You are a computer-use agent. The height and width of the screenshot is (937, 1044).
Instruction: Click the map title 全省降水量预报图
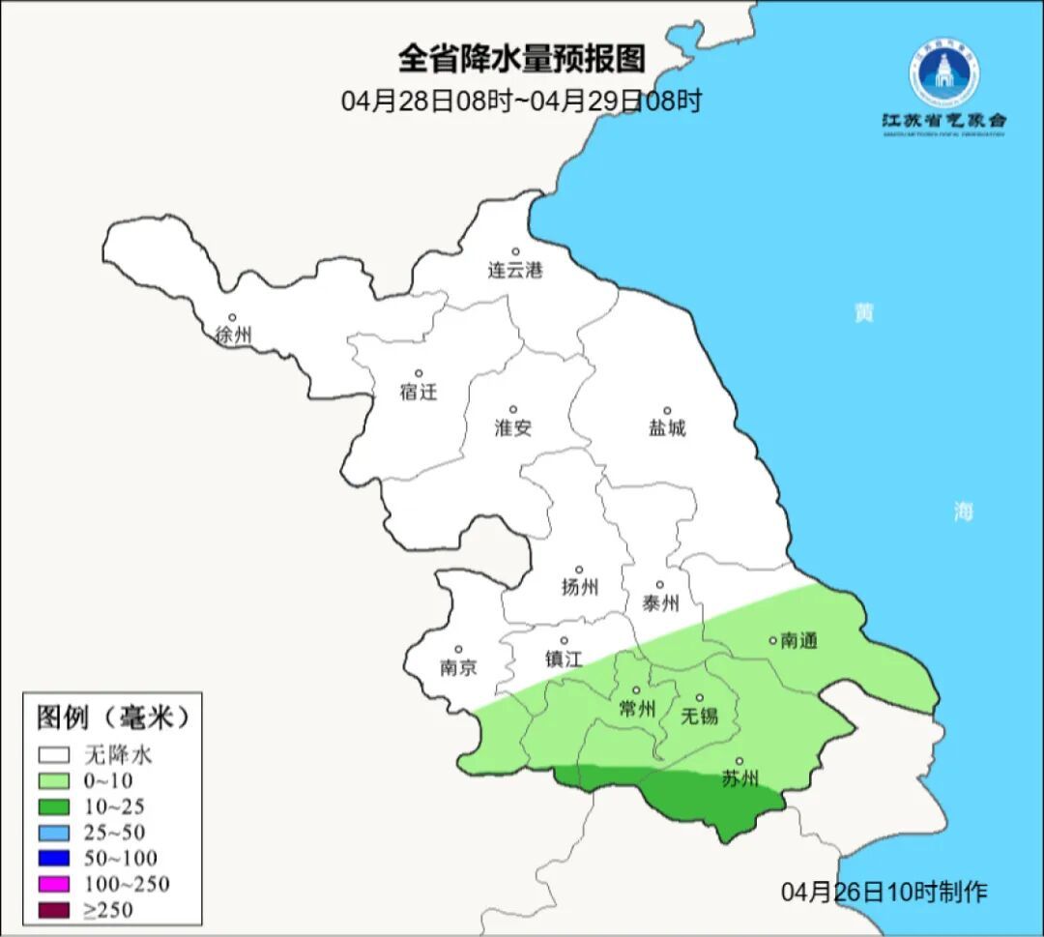coord(521,59)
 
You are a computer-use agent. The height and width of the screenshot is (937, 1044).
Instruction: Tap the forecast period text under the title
coord(521,101)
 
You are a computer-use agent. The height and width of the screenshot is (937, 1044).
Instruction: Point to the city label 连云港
coord(515,271)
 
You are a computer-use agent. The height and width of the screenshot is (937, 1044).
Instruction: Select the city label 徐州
coord(234,336)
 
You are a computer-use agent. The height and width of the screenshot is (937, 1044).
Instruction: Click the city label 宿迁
coord(419,392)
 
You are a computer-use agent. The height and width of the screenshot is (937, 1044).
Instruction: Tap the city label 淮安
coord(513,428)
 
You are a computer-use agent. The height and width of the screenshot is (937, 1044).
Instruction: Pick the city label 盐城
coord(667,428)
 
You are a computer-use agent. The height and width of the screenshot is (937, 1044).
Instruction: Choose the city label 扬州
coord(580,587)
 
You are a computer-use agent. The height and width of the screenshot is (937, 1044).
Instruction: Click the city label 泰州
coord(660,603)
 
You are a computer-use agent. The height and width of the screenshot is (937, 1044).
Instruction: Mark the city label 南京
coord(458,667)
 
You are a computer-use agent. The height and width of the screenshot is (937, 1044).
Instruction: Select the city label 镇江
coord(564,659)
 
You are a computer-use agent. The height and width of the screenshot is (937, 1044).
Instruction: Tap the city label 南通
coord(799,640)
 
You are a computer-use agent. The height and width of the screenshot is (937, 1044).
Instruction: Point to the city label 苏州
coord(740,779)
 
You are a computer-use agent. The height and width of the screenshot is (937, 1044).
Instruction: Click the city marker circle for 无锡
coord(700,698)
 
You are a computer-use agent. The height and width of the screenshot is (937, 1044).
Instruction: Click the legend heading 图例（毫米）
coord(112,717)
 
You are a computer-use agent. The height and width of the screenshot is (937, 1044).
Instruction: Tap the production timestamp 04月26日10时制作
coord(884,892)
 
